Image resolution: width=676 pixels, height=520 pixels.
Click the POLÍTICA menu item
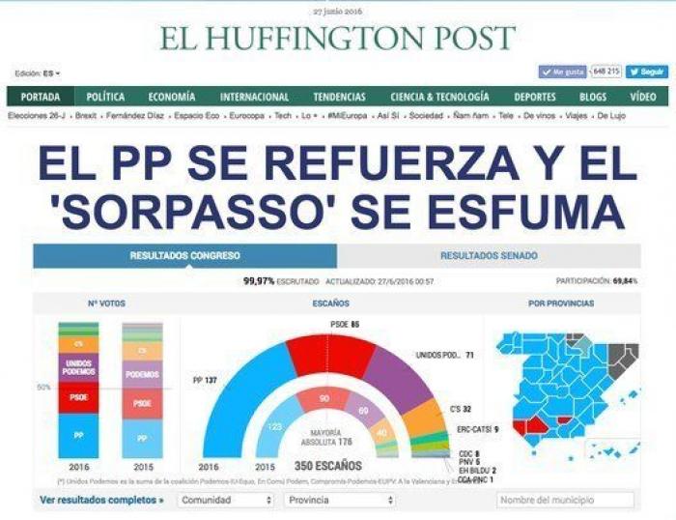pos(105,97)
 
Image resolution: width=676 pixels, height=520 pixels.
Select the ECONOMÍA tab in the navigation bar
pos(172,97)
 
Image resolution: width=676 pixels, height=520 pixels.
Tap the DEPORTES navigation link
pos(535,97)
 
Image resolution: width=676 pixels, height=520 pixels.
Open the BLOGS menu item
pos(593,97)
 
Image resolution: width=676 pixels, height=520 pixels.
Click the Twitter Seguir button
pos(646,72)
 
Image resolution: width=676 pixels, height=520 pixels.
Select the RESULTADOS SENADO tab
pos(489,256)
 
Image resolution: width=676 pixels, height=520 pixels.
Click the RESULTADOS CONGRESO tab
pos(185,256)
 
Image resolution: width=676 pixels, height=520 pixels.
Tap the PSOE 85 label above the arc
pos(345,325)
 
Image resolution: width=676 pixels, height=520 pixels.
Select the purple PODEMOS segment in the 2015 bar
pos(142,374)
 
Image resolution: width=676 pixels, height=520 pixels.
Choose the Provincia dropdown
pos(340,501)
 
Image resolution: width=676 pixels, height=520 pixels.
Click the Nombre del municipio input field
pos(565,501)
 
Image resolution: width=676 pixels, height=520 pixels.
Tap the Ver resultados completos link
pos(101,501)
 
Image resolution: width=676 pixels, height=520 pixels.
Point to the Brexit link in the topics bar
pos(86,116)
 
